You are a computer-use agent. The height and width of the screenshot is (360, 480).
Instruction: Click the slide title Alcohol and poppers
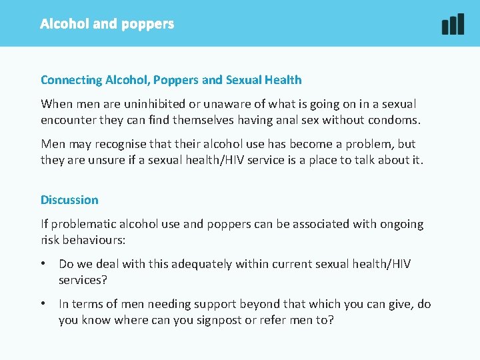tap(107, 24)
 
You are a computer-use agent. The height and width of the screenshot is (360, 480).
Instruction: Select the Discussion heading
tap(69, 200)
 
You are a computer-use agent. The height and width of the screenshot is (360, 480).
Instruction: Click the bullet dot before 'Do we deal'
tap(44, 264)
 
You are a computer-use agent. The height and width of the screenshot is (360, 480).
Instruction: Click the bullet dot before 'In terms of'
tap(44, 304)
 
